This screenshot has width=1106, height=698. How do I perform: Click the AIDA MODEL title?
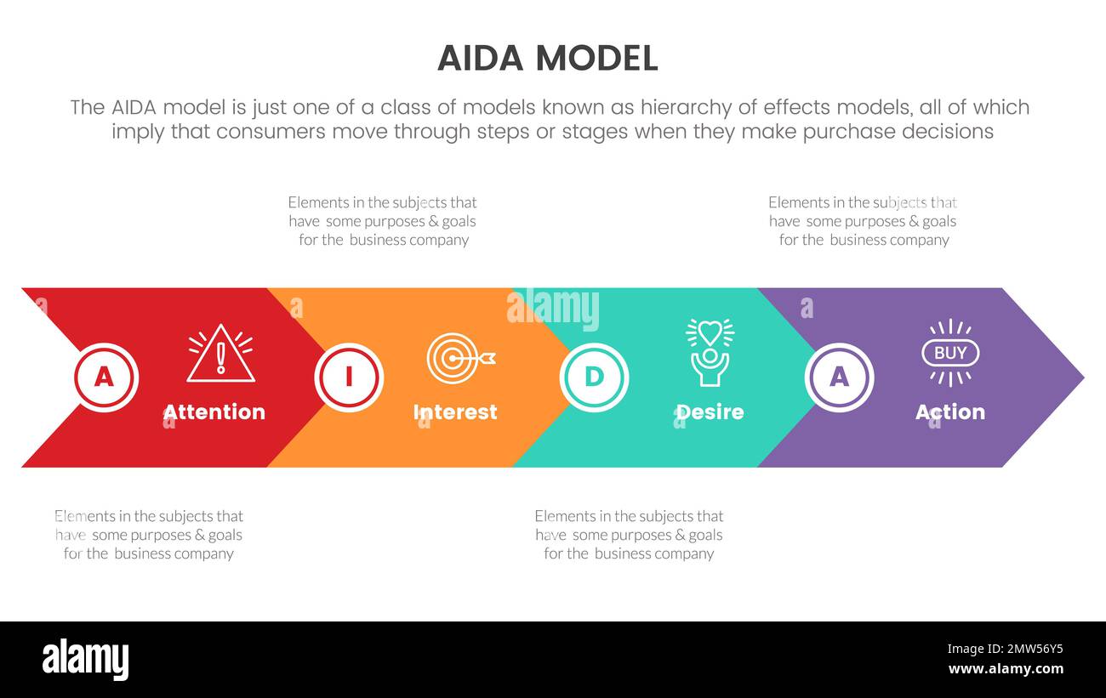point(547,58)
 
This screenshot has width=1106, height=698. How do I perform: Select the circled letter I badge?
point(349,377)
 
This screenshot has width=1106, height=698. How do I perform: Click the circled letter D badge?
point(594,377)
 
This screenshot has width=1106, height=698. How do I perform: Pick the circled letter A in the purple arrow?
point(839,377)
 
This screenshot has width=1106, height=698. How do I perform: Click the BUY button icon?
point(950,353)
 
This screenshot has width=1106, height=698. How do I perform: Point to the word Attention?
point(214,412)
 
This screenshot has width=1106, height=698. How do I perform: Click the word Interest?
point(455,412)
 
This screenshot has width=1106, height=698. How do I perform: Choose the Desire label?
point(710,412)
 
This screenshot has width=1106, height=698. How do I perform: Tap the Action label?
point(950,412)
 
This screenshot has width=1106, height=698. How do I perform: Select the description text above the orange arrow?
point(383,221)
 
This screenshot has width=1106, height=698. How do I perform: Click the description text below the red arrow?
point(149,535)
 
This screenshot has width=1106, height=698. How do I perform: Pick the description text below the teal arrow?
point(629,535)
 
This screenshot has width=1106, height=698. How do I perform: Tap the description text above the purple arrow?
point(863,221)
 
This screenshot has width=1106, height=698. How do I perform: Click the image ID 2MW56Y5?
point(1005,649)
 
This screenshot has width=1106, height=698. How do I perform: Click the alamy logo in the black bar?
point(86,660)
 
